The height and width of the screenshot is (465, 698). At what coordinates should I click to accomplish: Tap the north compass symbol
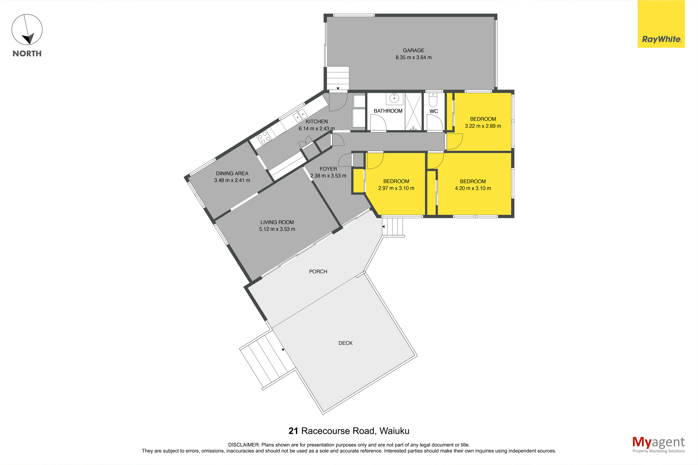click(x=27, y=30)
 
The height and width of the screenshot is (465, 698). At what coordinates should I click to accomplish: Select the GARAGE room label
click(x=413, y=50)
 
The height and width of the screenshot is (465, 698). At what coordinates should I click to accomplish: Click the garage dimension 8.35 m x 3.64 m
click(x=413, y=58)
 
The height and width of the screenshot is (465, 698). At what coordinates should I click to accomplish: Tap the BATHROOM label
click(x=388, y=111)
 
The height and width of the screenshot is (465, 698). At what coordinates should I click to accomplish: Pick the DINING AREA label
click(x=232, y=173)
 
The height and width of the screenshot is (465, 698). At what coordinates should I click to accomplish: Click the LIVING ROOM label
click(x=277, y=222)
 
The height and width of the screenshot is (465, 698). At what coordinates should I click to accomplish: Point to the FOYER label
click(x=328, y=169)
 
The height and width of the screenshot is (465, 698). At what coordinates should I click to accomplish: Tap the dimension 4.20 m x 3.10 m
click(x=473, y=188)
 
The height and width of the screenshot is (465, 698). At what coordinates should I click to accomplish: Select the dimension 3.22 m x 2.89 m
click(x=483, y=126)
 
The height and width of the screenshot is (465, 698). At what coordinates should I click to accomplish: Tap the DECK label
click(x=346, y=343)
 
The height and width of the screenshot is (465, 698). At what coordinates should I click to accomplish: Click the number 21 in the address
click(x=293, y=431)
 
